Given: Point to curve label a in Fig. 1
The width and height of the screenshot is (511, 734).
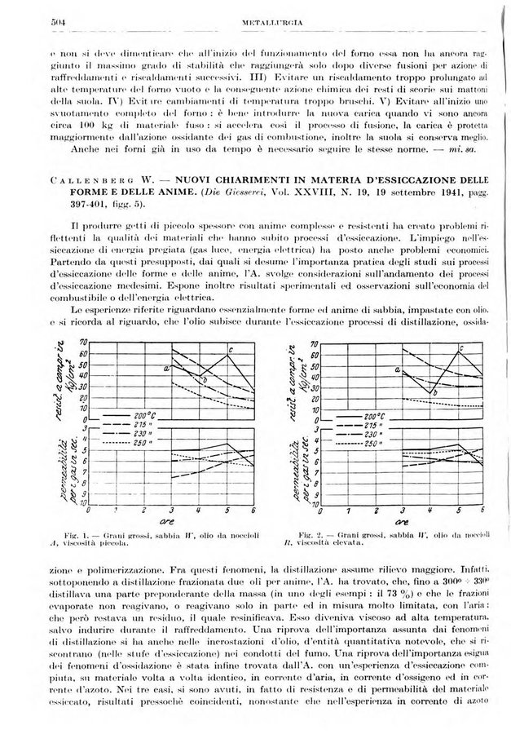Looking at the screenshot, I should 166,369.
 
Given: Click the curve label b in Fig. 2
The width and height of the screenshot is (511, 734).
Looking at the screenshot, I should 437,393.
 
